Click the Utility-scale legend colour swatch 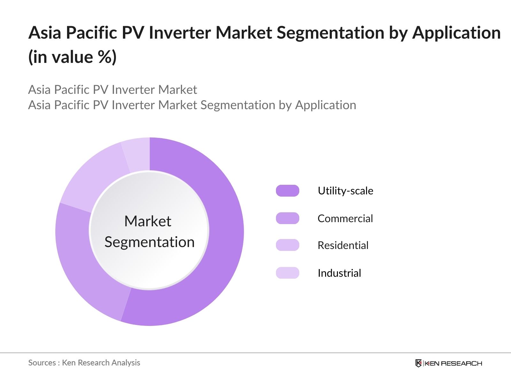click(287, 191)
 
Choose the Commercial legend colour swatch click(287, 218)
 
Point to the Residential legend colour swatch click(287, 245)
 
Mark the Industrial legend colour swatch click(287, 273)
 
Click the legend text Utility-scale click(345, 191)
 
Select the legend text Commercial click(345, 219)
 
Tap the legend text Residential click(343, 245)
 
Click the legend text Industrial click(339, 273)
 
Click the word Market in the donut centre click(148, 221)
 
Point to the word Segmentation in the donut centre click(149, 242)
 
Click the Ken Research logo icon click(418, 363)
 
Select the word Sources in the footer click(42, 363)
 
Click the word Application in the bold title click(456, 33)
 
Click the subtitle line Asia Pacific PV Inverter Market click(112, 90)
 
